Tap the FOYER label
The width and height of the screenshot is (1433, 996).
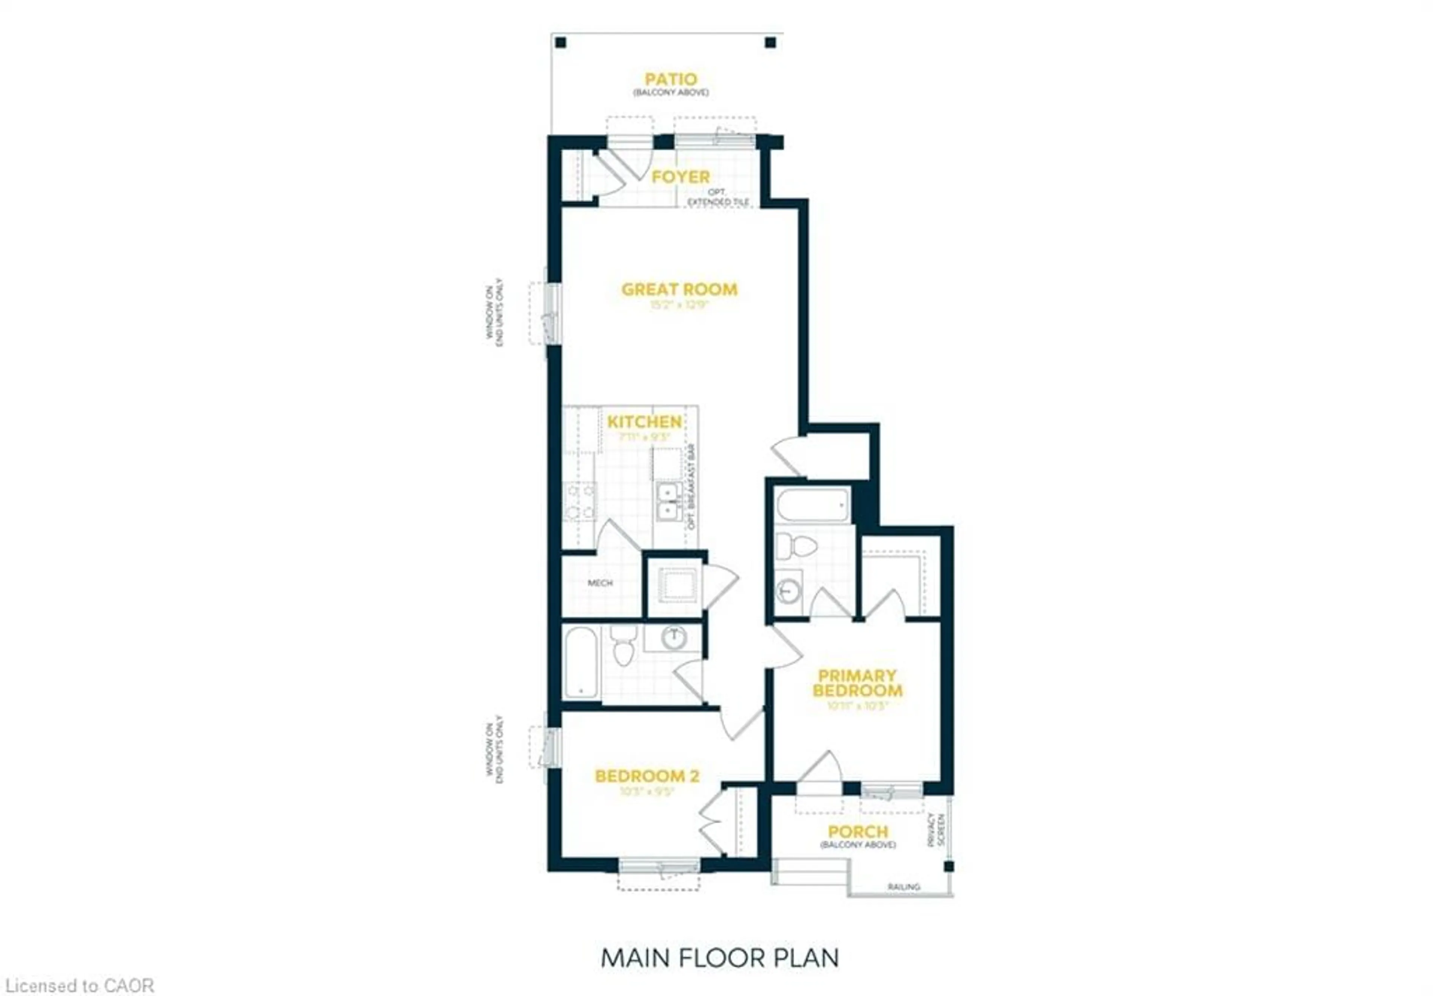[x=680, y=177]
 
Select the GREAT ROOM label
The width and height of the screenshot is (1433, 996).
[x=679, y=289]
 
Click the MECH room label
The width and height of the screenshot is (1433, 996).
[x=600, y=583]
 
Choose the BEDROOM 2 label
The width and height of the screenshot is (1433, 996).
[x=647, y=776]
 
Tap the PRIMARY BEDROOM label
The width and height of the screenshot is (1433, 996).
[x=857, y=683]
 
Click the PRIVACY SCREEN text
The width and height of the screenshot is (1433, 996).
[x=936, y=829]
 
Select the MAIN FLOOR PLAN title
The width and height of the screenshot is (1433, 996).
[x=719, y=958]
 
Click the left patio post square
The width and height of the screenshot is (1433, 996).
[x=561, y=43]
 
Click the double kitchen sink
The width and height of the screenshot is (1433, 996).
[x=668, y=502]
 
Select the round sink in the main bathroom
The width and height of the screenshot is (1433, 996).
[x=674, y=637]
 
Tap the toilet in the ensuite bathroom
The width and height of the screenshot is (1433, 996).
[x=796, y=546]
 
